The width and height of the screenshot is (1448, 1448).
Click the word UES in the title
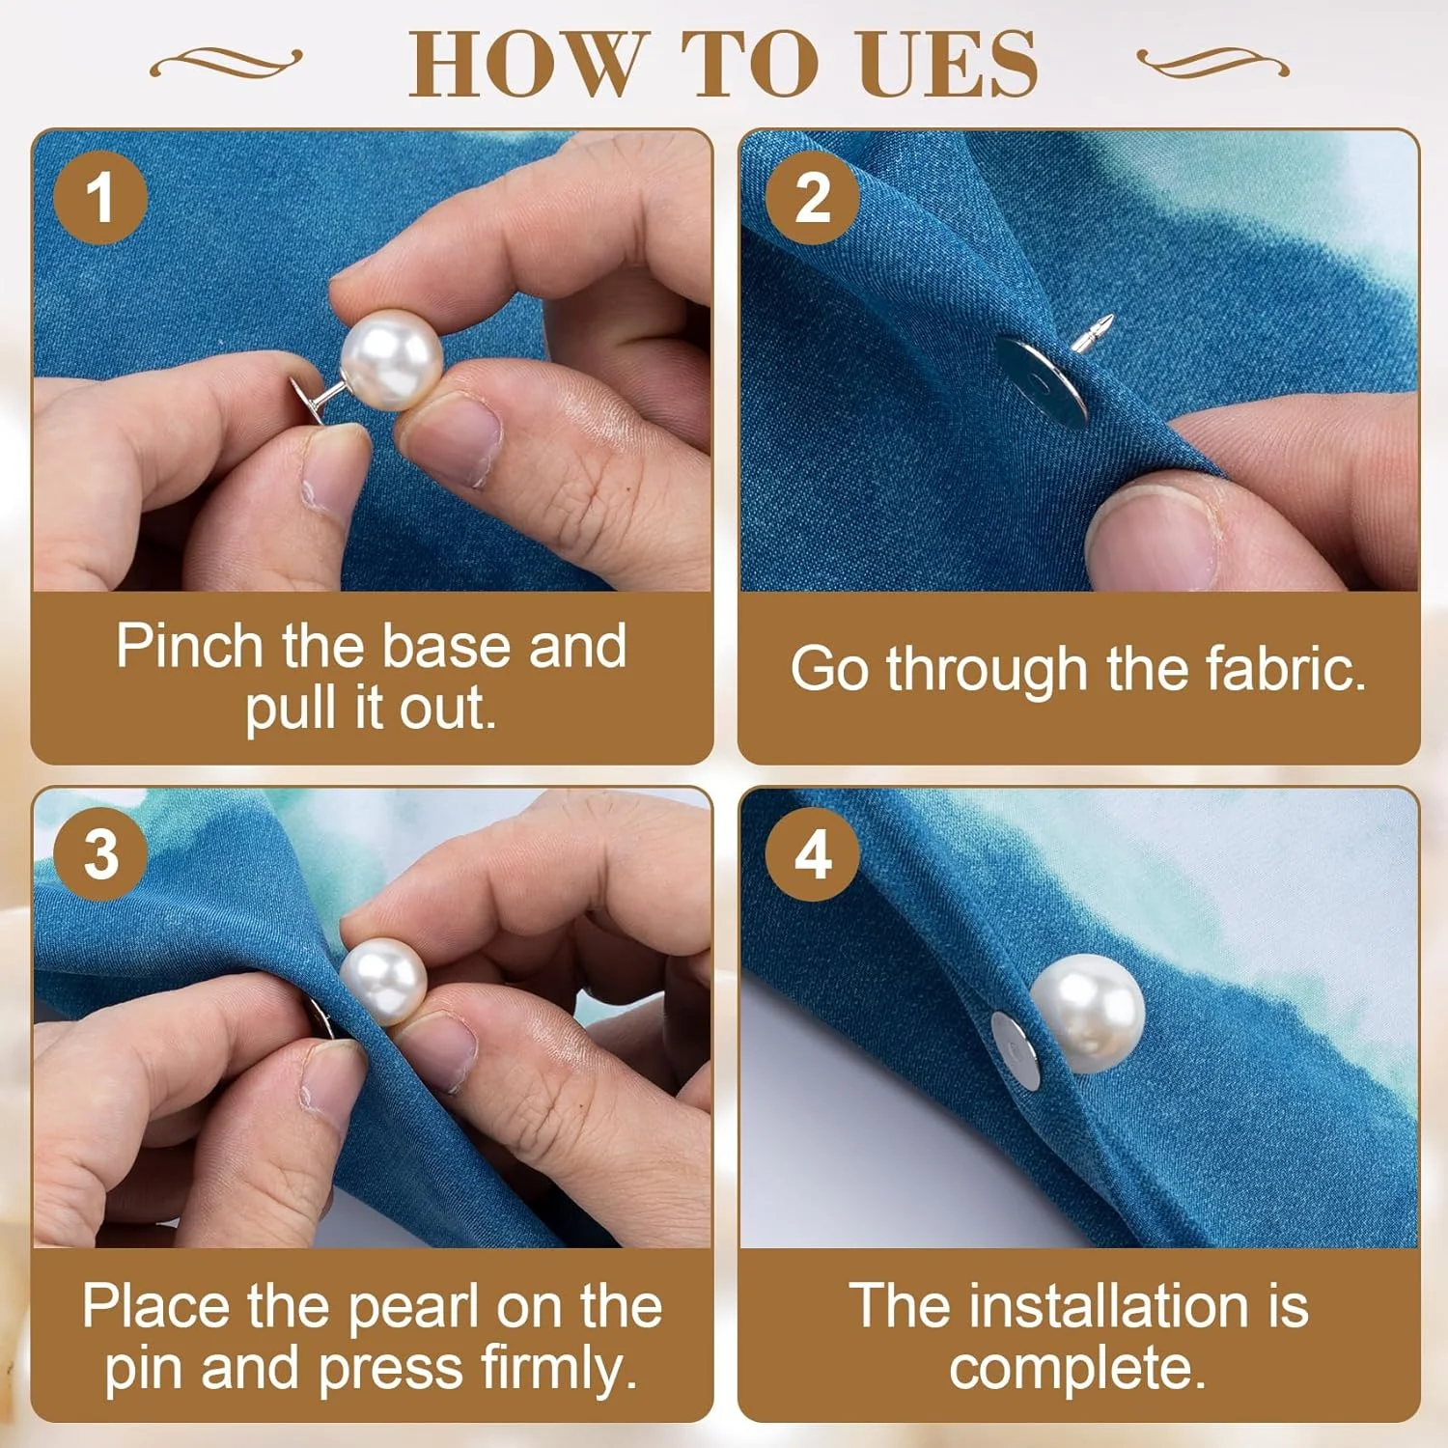click(948, 64)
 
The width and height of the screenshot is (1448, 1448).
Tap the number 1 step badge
click(100, 197)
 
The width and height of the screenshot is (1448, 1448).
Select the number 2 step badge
click(812, 197)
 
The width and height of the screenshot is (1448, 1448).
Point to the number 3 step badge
click(100, 854)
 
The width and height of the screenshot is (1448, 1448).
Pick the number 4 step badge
click(812, 854)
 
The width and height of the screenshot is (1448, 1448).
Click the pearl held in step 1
click(392, 359)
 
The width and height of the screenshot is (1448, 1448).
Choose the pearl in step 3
click(383, 982)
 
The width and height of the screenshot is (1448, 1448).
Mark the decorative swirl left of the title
click(226, 63)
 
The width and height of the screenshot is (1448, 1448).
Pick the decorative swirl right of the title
click(1212, 63)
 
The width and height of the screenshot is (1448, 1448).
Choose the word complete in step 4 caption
click(1077, 1369)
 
